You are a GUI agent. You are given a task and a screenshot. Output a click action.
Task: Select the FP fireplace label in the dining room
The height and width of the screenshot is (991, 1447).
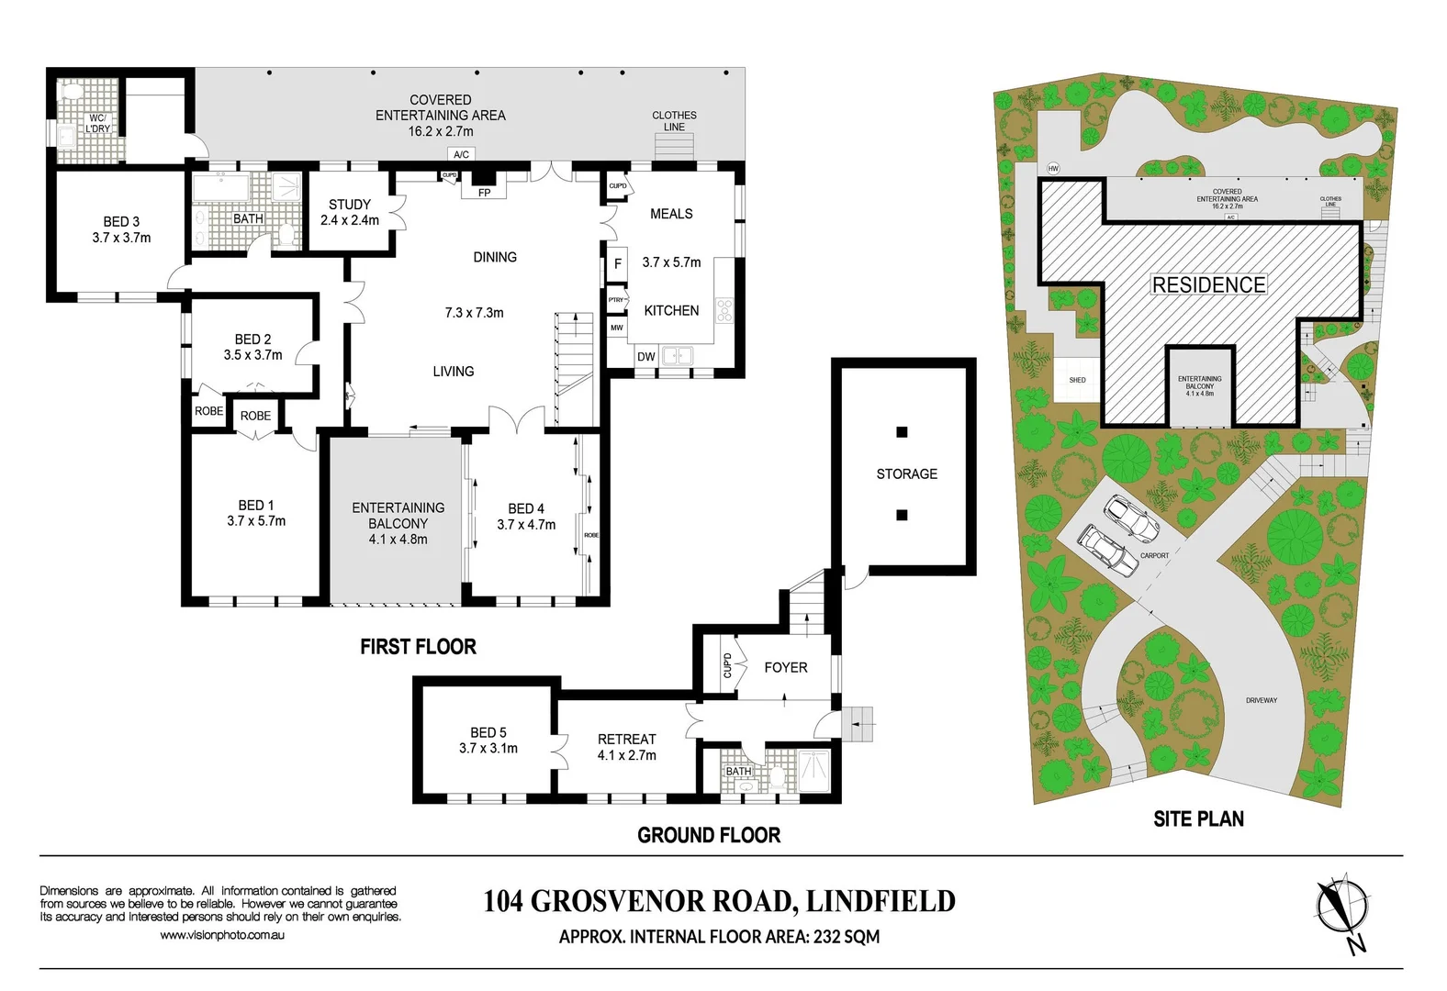[484, 193]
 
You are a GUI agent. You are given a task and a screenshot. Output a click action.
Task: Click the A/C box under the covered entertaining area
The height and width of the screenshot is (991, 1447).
[461, 154]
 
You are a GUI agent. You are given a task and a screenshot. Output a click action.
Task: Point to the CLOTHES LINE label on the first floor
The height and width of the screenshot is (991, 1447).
[674, 121]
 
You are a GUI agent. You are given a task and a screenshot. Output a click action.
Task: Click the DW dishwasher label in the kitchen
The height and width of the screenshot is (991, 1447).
[645, 357]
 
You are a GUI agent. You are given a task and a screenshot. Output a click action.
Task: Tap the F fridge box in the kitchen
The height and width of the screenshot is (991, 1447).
[618, 263]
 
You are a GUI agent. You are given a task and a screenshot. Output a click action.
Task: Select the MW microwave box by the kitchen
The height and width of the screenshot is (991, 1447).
[617, 328]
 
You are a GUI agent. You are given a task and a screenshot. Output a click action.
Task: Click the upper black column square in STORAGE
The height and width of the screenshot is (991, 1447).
[902, 432]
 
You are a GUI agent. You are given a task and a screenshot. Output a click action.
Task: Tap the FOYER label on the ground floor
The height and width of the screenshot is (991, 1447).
[786, 667]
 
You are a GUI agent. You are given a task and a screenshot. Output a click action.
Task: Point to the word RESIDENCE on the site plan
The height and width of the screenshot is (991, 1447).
[1208, 285]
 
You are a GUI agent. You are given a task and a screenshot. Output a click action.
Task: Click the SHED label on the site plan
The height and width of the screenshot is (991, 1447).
[1077, 380]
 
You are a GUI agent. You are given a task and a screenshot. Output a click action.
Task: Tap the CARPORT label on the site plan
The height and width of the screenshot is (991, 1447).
[1154, 556]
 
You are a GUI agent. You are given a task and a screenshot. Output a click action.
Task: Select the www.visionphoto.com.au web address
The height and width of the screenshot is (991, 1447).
[222, 935]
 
